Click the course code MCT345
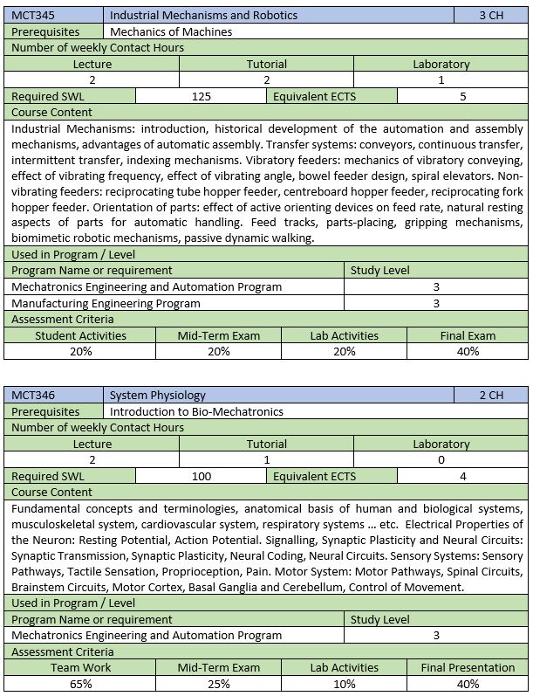pos(31,15)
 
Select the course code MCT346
pos(31,395)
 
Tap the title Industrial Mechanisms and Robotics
pos(204,15)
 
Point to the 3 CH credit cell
pos(491,15)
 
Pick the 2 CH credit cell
pos(491,395)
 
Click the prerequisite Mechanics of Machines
pos(171,31)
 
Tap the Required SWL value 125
pos(201,96)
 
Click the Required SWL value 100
pos(201,476)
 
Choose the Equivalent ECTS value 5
pos(462,96)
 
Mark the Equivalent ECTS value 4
pos(462,476)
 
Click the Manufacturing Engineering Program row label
pos(106,303)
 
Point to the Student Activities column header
pos(80,335)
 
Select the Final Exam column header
pos(468,335)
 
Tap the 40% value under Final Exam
pos(468,351)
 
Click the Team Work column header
pos(80,667)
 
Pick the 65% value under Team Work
pos(80,684)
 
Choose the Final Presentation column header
pos(468,667)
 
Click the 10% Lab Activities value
pos(344,684)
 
